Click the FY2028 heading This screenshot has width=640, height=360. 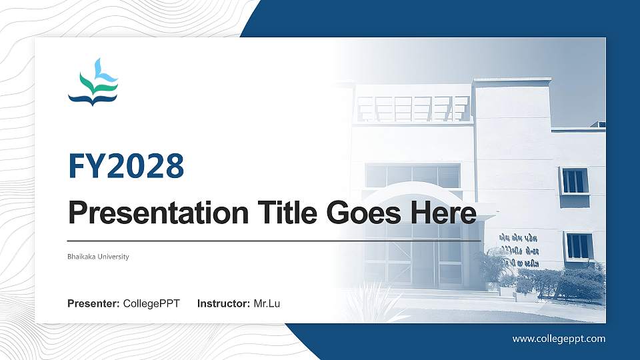(126, 167)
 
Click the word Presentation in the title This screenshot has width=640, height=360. (157, 213)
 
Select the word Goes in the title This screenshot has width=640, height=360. (365, 213)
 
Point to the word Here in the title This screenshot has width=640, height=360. (444, 213)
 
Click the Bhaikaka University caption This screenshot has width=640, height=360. (98, 257)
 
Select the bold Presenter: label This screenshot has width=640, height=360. (93, 304)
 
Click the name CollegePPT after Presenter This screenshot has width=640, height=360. (151, 304)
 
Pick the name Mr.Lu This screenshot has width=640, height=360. (267, 304)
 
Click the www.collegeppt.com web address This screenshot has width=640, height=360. (559, 339)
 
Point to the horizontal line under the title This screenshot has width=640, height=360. (274, 240)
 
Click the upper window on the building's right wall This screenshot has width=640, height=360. (573, 181)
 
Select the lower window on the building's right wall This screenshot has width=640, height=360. (579, 246)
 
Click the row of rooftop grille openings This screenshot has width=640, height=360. (413, 109)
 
